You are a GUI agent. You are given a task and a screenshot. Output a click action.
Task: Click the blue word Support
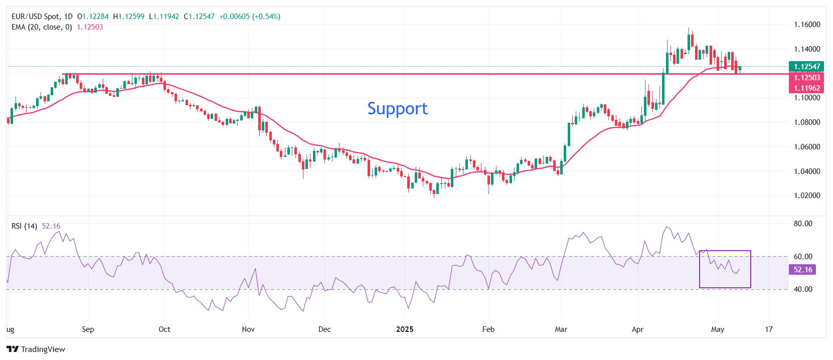tap(397, 109)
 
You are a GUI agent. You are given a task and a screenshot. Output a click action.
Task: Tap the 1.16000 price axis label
tap(807, 25)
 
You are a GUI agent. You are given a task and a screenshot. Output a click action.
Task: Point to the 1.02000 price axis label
tap(807, 196)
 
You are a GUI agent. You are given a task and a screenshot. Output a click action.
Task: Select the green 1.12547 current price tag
tap(806, 66)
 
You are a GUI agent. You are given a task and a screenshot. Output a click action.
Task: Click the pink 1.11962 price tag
tap(806, 88)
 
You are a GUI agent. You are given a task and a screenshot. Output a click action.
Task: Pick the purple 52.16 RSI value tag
tap(802, 270)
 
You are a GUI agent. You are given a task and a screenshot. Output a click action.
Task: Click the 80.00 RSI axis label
tap(803, 224)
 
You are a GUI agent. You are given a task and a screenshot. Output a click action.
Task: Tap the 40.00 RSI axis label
tap(803, 289)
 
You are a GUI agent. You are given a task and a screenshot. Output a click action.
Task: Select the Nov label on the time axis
tap(248, 329)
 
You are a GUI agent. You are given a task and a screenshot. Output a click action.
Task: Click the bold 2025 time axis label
tap(405, 329)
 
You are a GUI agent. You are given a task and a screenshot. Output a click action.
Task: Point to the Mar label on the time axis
tap(561, 329)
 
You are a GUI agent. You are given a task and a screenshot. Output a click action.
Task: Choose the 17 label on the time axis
tap(769, 329)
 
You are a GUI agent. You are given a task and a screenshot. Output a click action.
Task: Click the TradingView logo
tap(36, 349)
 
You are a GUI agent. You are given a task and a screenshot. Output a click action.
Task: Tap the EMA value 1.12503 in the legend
tap(90, 27)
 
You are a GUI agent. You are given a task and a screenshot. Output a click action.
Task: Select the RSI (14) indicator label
tap(24, 226)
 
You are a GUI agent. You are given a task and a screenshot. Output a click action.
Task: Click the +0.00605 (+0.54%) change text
tap(250, 17)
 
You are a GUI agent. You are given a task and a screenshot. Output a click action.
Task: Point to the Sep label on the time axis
tap(88, 329)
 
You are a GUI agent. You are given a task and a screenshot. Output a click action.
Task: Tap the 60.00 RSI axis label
tap(803, 257)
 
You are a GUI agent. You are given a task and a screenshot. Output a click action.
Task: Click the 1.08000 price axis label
tap(807, 122)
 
